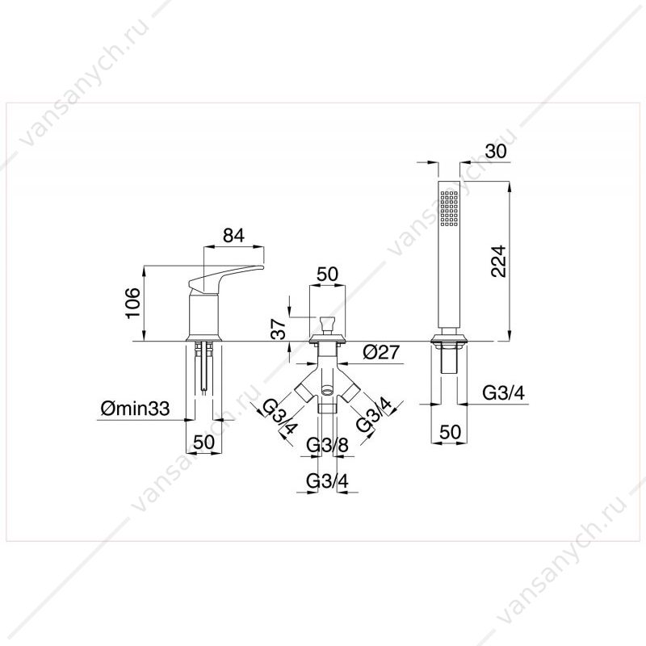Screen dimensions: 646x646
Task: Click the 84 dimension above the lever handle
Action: click(233, 235)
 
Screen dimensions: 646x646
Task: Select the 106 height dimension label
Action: click(133, 304)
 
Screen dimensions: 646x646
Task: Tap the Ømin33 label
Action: click(135, 409)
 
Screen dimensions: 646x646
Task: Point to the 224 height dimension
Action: click(499, 261)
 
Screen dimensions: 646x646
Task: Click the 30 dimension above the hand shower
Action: click(496, 151)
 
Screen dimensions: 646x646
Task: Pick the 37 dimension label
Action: click(280, 329)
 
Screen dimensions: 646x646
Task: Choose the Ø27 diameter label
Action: click(381, 352)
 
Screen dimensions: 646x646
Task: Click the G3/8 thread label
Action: click(328, 446)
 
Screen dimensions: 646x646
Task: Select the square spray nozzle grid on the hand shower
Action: click(449, 208)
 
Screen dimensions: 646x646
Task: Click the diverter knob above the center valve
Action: click(327, 325)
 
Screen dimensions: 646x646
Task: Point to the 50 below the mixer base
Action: click(204, 442)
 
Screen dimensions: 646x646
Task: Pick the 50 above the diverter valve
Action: click(327, 274)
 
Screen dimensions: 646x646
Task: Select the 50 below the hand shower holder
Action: click(449, 432)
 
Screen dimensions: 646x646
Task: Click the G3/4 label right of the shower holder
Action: click(503, 393)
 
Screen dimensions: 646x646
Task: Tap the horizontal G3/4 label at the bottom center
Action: click(328, 480)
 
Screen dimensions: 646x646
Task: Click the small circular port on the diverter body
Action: click(328, 388)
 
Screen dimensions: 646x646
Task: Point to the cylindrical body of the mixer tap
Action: click(204, 315)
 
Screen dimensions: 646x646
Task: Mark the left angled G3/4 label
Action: click(279, 416)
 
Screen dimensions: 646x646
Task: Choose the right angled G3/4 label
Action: click(374, 414)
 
